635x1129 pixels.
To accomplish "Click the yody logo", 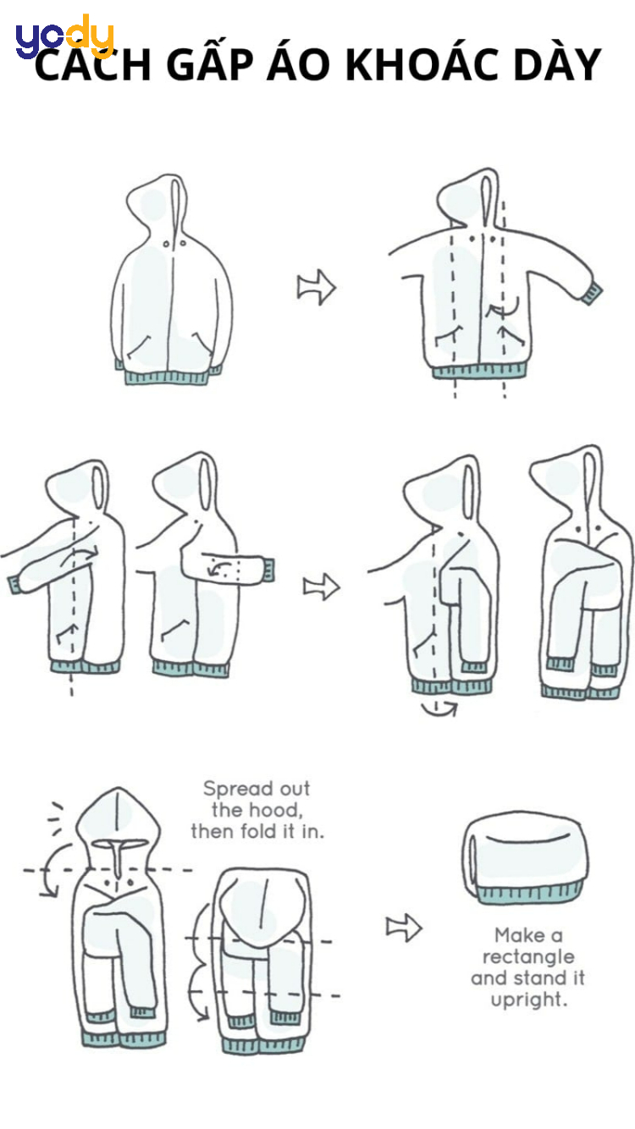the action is coord(64,36).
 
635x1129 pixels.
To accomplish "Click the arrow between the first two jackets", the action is coord(317,287).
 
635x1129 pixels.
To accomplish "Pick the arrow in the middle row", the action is coord(321,587).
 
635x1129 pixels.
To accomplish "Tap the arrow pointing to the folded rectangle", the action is coord(404,928).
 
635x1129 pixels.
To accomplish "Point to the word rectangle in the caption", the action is coord(528,957).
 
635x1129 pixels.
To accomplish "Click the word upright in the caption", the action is coord(528,1000).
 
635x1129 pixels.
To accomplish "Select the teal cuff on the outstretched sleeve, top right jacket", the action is coord(591,294).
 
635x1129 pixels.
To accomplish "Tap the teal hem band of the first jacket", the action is coord(167,377).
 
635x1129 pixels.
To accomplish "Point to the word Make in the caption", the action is coord(521,935).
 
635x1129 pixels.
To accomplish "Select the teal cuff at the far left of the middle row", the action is coord(14,585).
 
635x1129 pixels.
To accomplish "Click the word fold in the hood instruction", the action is coord(261,832).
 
